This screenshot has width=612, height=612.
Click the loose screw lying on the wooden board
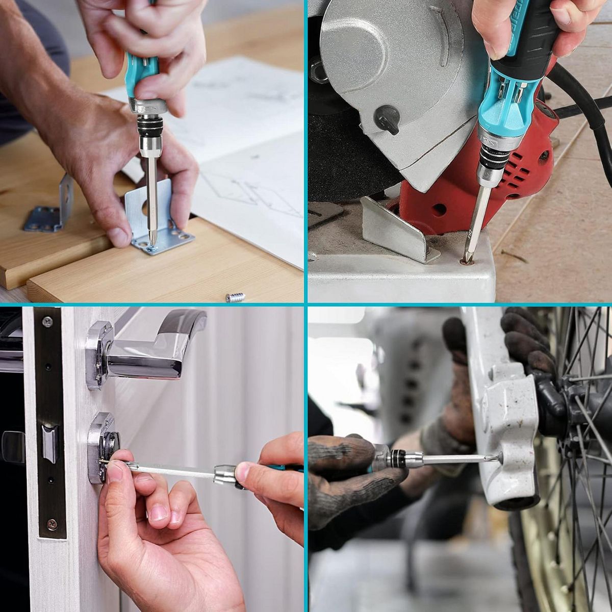click(x=235, y=297)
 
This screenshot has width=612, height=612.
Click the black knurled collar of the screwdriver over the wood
click(x=149, y=125)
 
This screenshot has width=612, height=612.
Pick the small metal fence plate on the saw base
click(x=393, y=229)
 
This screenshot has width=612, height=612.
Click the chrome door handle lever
click(x=153, y=347)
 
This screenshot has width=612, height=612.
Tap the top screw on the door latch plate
click(x=47, y=321)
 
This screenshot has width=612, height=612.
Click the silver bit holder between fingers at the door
click(x=224, y=474)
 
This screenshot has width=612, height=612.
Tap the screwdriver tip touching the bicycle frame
click(x=492, y=458)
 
